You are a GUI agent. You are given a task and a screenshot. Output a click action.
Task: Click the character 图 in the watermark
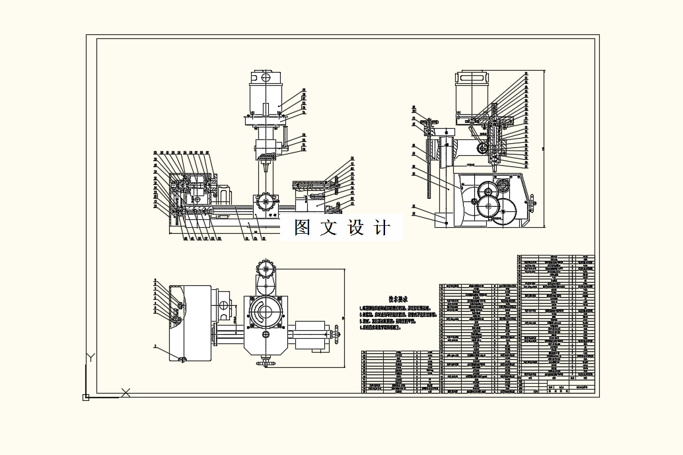(303, 227)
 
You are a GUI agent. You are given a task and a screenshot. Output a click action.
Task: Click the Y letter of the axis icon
(91, 357)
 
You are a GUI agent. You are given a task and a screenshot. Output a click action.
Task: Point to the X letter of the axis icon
(126, 393)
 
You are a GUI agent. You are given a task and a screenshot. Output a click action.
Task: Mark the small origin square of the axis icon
(85, 397)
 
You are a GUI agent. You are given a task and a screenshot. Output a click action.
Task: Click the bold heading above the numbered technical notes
(396, 298)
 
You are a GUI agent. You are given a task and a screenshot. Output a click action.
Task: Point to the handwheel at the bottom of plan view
(267, 362)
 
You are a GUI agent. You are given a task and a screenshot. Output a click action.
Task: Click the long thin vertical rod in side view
(430, 168)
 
